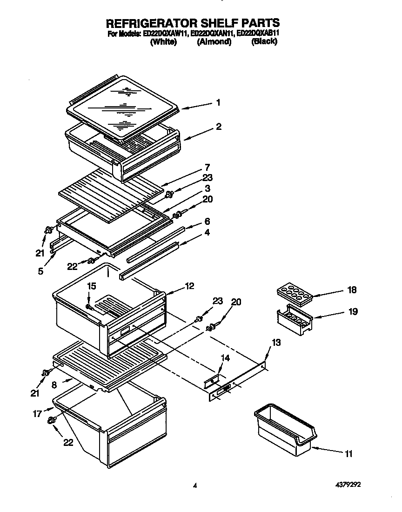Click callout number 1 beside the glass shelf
(218, 103)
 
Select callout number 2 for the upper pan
(218, 127)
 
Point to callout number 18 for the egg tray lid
(352, 290)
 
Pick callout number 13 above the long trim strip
(276, 343)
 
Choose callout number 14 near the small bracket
(225, 358)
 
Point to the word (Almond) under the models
(214, 42)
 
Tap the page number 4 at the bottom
(195, 485)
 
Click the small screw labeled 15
(90, 307)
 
